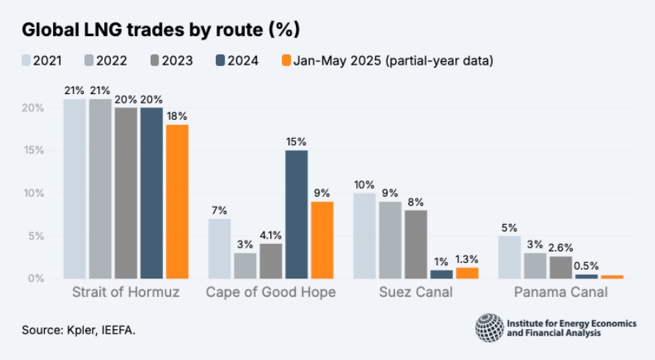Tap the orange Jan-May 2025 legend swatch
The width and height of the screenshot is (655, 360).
[286, 60]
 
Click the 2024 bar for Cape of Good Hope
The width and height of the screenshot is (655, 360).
[297, 214]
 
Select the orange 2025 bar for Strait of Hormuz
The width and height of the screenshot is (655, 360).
[178, 201]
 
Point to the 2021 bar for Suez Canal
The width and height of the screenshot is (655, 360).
[364, 235]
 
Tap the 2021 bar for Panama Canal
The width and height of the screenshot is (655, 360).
[510, 256]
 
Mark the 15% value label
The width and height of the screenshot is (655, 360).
[297, 140]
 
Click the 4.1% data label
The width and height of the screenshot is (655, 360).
[271, 234]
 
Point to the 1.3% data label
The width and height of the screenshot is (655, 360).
[467, 258]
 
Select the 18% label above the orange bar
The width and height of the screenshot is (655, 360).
[178, 115]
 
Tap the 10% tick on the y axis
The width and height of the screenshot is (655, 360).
[35, 193]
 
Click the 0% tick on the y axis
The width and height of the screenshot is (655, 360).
[37, 278]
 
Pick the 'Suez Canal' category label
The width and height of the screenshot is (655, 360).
[415, 292]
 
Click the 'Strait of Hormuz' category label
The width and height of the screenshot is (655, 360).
[126, 292]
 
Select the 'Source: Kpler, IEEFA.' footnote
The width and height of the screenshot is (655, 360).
[79, 330]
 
